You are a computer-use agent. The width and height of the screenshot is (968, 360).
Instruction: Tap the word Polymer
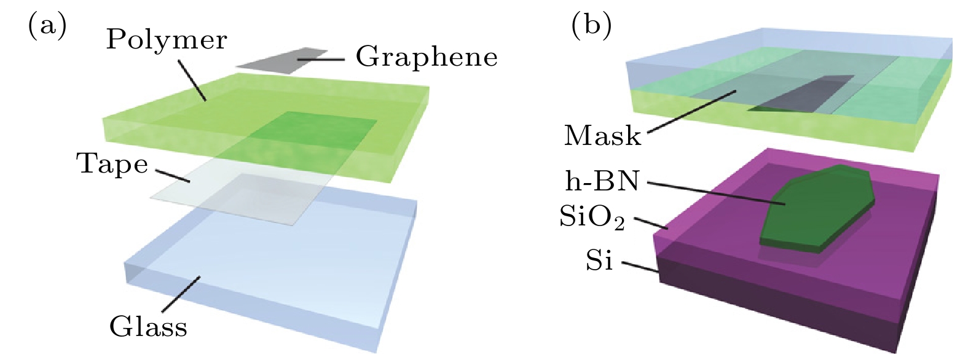point(167,40)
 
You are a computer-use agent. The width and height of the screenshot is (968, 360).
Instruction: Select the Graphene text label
point(427,57)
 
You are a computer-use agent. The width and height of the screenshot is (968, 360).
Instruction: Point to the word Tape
point(112,164)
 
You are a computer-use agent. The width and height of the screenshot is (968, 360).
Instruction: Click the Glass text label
point(148,326)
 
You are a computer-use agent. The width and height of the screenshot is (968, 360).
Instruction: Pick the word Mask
point(602,136)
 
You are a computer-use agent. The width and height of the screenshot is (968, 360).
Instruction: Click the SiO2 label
point(592,217)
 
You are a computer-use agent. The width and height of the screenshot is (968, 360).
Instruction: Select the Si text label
point(599,261)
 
